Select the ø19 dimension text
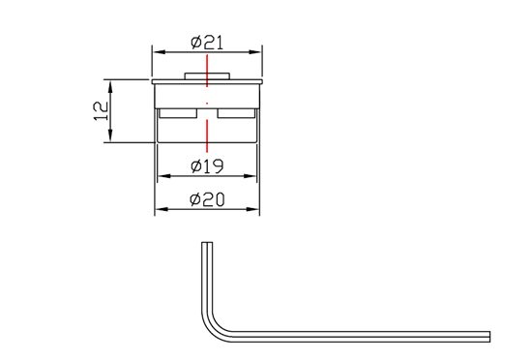[x=208, y=166]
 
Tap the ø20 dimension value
[x=208, y=199]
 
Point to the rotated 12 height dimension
[x=101, y=110]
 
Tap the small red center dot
[x=207, y=102]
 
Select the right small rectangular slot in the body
[x=237, y=113]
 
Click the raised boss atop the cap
[x=207, y=75]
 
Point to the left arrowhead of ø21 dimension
[x=157, y=52]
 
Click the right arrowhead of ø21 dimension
[x=258, y=52]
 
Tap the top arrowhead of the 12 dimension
[x=110, y=83]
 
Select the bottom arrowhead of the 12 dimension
[x=110, y=138]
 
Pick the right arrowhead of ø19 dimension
[x=255, y=176]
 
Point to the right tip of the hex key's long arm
[x=489, y=336]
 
